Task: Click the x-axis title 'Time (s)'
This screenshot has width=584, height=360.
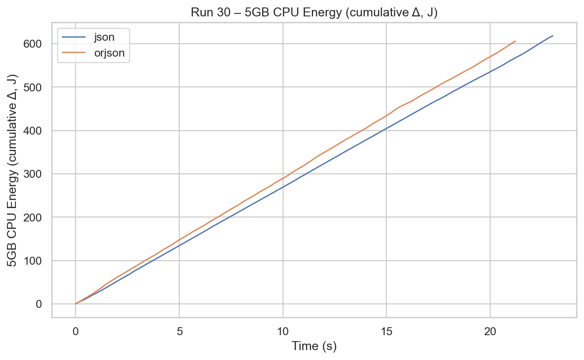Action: click(x=314, y=346)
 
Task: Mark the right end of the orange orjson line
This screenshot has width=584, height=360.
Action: click(x=516, y=41)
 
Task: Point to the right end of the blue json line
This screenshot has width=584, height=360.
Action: click(x=553, y=36)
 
